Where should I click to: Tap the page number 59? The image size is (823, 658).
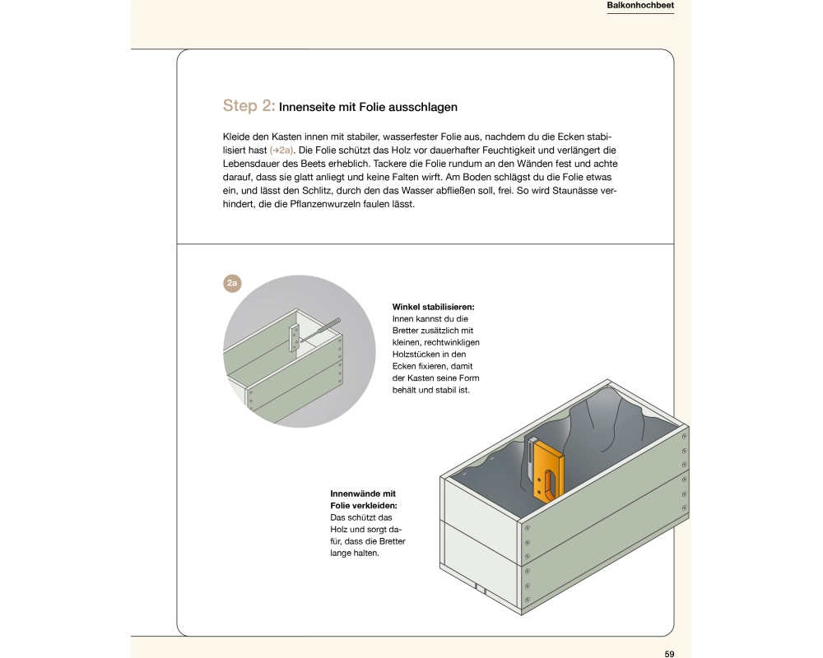[x=669, y=653]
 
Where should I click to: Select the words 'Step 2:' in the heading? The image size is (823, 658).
[x=249, y=106]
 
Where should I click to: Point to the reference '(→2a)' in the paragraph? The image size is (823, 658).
[x=281, y=151]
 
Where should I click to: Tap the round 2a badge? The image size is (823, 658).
[x=232, y=284]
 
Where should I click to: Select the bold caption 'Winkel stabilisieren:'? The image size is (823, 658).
[x=433, y=307]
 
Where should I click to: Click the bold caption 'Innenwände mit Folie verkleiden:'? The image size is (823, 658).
[x=363, y=499]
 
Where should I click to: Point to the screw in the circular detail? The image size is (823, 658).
[x=322, y=329]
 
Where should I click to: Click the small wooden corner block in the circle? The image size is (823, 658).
[x=295, y=338]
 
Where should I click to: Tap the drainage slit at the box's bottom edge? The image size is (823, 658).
[x=477, y=586]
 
